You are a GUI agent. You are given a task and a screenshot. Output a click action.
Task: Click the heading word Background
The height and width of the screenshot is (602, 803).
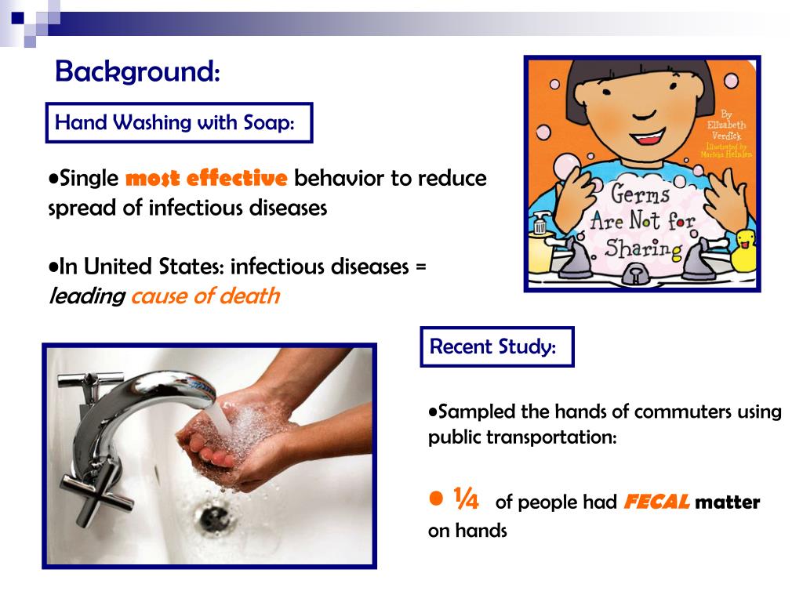136,72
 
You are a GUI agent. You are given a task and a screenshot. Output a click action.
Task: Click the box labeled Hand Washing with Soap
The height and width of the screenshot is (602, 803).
179,123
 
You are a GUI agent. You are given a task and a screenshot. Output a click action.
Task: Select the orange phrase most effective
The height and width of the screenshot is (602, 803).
207,179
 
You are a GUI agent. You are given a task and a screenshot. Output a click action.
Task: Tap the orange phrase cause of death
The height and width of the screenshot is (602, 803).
205,296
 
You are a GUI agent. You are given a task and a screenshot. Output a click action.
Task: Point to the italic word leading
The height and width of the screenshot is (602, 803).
87,296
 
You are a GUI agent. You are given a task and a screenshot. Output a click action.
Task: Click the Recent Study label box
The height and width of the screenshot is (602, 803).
496,346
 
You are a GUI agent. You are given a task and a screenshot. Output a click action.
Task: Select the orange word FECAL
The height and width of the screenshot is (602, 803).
656,502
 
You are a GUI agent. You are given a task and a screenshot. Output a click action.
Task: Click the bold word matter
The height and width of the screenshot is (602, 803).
727,502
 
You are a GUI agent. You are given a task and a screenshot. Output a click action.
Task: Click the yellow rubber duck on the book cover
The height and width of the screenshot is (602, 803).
744,249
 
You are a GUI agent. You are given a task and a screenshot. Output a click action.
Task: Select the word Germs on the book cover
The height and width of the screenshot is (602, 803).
641,194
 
